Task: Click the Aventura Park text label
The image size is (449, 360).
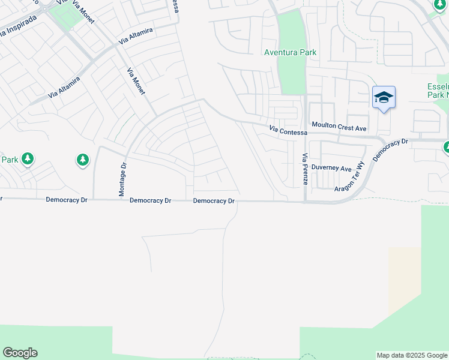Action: tap(291, 53)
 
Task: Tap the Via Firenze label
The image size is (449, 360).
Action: tap(304, 169)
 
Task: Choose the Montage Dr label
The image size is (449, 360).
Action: tap(122, 180)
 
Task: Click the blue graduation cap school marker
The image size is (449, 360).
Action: tap(384, 98)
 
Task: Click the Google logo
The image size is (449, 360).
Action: tap(20, 353)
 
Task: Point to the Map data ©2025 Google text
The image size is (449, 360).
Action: tap(411, 355)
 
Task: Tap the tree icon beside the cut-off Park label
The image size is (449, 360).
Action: tap(28, 159)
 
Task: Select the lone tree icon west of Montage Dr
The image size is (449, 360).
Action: tap(83, 160)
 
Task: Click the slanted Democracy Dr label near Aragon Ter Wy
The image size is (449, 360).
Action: tap(390, 150)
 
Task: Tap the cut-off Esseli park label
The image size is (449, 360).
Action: tap(438, 91)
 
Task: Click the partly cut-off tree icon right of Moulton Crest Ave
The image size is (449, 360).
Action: tap(446, 147)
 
